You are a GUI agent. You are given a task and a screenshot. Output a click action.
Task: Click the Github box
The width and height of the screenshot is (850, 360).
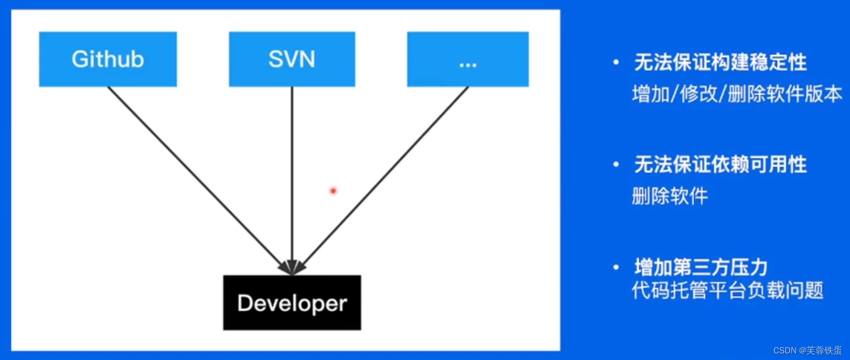(108, 59)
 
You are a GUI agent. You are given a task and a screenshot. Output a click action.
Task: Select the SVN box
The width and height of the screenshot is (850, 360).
(292, 59)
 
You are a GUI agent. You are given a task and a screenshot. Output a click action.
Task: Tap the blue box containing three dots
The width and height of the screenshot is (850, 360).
(468, 59)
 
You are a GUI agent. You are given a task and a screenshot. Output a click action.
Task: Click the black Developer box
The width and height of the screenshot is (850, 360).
(292, 303)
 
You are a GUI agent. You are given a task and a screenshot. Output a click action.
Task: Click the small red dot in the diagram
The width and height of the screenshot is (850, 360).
(333, 191)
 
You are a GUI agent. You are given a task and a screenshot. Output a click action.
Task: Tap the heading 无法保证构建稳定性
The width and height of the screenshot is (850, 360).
(720, 63)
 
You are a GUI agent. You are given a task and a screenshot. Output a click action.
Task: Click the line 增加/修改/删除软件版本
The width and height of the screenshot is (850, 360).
(737, 94)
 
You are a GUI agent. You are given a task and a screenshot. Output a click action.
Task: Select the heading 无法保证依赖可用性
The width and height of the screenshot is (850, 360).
(720, 165)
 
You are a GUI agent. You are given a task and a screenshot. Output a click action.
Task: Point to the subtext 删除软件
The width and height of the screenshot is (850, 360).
(670, 196)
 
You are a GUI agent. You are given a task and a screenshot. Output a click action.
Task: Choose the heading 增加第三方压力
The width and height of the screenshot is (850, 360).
(701, 267)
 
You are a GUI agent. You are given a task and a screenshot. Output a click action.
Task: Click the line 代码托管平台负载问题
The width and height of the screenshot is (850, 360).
(727, 290)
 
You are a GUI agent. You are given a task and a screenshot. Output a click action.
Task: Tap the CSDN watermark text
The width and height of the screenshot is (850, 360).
(807, 350)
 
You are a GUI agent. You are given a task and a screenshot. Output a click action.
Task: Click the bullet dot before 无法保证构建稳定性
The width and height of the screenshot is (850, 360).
(616, 63)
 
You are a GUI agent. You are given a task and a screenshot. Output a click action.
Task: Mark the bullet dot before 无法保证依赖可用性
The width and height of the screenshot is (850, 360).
(616, 165)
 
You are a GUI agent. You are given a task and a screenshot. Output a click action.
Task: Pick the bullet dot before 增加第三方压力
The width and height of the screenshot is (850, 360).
(616, 268)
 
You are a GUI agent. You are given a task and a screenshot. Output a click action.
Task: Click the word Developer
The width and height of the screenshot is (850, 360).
(292, 303)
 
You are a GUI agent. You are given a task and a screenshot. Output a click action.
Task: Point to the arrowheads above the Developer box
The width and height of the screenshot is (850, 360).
(292, 268)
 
